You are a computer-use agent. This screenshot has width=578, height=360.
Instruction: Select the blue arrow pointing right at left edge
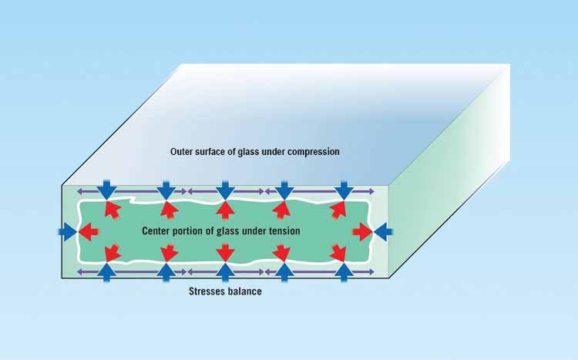68,232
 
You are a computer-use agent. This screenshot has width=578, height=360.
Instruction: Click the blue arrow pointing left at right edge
383,232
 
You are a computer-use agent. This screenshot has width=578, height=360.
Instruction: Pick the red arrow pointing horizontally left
89,232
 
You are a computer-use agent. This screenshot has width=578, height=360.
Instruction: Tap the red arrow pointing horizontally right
362,232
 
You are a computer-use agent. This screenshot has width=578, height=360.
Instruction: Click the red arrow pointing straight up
225,210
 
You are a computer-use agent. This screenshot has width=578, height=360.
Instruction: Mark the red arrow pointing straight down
225,253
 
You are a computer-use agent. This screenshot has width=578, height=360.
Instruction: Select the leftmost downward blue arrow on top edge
107,190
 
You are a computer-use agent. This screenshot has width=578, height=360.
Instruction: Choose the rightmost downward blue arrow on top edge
344,190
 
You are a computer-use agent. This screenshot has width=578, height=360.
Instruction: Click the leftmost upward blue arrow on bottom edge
107,273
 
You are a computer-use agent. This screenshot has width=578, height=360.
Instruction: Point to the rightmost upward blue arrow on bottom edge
344,273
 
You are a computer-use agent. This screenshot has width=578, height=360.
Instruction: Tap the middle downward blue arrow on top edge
225,190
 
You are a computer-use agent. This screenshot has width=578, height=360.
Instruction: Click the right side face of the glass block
450,173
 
